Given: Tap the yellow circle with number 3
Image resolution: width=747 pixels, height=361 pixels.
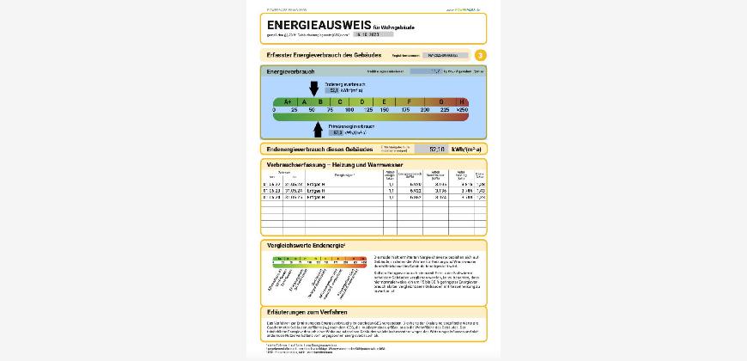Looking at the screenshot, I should (480, 55).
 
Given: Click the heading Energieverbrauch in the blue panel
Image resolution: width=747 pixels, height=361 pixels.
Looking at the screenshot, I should (291, 71).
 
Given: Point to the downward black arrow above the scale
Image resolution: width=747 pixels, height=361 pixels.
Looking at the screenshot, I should (313, 88).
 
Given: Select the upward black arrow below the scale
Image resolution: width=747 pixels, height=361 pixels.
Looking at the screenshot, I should (318, 129).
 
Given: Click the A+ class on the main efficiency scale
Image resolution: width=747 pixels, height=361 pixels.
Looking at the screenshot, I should (287, 101).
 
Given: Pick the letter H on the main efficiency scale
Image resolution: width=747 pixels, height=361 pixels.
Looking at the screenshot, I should (463, 101).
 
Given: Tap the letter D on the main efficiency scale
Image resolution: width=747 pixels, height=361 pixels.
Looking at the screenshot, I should (361, 101).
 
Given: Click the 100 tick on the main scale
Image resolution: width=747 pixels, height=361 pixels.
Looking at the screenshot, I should (349, 110).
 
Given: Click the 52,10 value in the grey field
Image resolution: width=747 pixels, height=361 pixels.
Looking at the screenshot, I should (436, 149).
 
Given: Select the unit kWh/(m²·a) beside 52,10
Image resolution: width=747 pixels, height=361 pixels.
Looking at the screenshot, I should (467, 149).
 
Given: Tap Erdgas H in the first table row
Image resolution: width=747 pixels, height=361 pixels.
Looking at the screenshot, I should (343, 184).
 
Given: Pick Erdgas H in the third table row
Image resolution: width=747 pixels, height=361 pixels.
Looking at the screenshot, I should (343, 197).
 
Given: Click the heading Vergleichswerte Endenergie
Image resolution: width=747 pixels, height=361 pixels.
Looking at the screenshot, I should (306, 245).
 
